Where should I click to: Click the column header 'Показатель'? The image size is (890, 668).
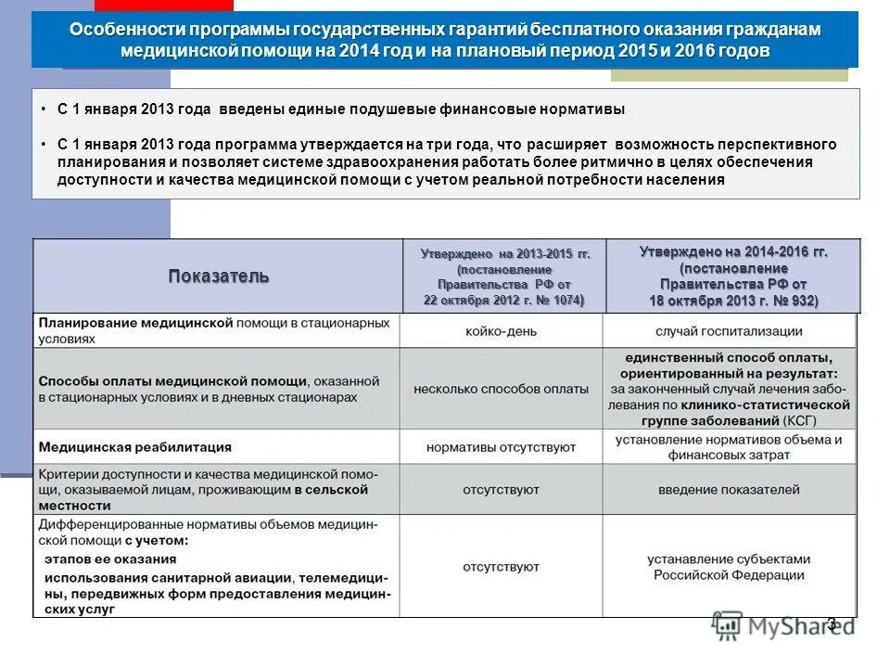coord(219,276)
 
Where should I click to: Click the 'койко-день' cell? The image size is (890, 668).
coord(502,331)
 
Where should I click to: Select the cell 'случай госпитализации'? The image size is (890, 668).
coord(729,331)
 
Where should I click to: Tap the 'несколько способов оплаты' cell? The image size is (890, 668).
coord(502,389)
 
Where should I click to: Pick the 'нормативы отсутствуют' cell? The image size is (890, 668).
coord(502,447)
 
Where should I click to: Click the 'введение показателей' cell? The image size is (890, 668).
coord(729,489)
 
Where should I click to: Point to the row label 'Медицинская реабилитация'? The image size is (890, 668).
coord(134,447)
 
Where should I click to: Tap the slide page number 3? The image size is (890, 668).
coord(832,623)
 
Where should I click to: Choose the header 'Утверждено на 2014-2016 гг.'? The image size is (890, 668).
coord(733,251)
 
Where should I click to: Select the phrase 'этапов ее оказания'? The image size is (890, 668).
coord(110,559)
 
